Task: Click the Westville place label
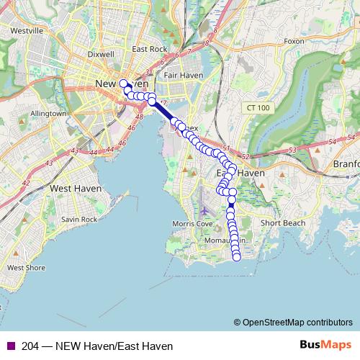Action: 27,31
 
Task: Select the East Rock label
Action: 149,50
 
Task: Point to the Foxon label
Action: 294,41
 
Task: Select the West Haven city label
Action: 75,188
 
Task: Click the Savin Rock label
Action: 78,219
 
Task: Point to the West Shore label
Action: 26,267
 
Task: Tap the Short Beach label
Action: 284,223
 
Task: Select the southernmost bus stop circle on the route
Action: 236,258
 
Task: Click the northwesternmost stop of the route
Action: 122,83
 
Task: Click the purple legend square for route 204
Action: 10,346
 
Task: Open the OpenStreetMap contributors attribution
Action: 297,323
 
